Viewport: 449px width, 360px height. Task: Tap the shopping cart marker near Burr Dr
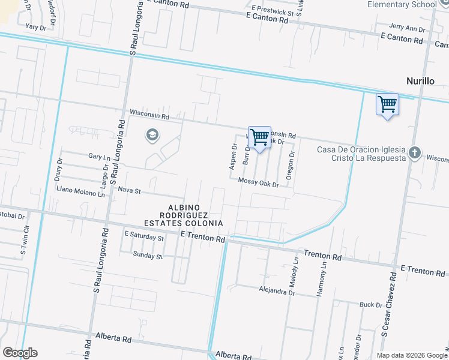click(259, 137)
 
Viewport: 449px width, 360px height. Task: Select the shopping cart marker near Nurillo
click(387, 104)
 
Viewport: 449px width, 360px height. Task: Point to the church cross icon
click(414, 153)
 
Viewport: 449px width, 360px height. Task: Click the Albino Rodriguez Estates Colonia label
click(192, 215)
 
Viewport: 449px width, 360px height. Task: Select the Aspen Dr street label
click(234, 156)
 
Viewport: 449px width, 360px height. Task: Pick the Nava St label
click(129, 191)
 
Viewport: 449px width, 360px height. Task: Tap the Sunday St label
click(148, 256)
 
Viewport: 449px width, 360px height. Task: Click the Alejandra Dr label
click(277, 293)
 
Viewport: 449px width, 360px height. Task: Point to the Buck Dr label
click(371, 305)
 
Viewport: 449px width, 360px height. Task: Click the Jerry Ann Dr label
click(407, 28)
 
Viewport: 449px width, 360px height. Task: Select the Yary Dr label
click(36, 27)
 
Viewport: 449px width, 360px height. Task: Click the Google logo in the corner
click(20, 353)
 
